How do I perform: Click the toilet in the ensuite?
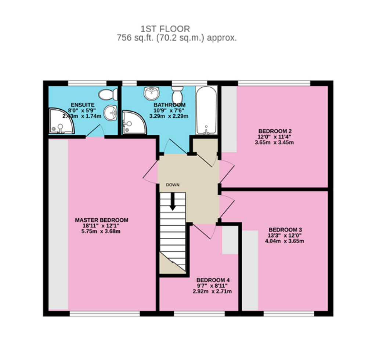click(x=107, y=94)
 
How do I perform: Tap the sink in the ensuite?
click(x=110, y=113)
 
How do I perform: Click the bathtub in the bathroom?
click(x=206, y=110)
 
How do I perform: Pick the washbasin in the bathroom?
click(x=151, y=93)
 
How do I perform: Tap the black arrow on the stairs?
click(x=172, y=204)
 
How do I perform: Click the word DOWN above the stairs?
click(x=173, y=185)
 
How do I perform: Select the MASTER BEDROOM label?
click(x=102, y=220)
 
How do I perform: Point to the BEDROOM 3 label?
click(x=285, y=230)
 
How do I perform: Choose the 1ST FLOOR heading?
click(x=165, y=29)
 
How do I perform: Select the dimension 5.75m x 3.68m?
click(x=102, y=232)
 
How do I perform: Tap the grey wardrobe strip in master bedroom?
click(x=58, y=224)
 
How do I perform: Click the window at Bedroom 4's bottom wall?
click(x=199, y=314)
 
